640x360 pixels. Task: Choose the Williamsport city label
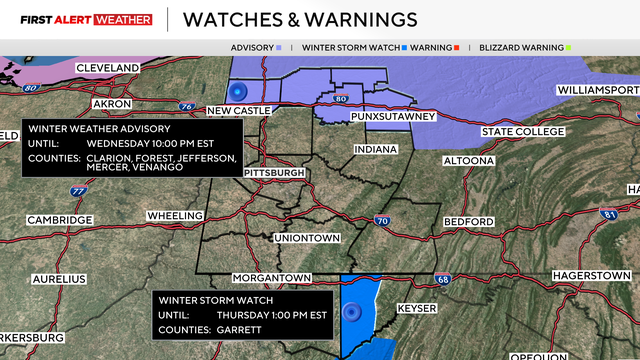pyautogui.click(x=596, y=89)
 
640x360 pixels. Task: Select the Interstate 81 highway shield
pyautogui.click(x=608, y=214)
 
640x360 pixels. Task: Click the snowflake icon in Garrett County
pyautogui.click(x=353, y=313)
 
